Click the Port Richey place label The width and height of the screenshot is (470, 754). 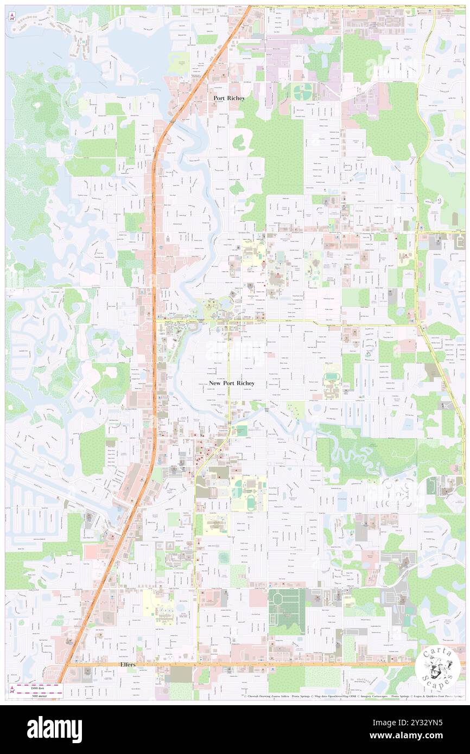click(228, 98)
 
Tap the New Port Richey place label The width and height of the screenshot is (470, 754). click(231, 383)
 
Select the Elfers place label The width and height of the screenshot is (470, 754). click(128, 664)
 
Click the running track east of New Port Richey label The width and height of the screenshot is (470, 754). click(331, 377)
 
